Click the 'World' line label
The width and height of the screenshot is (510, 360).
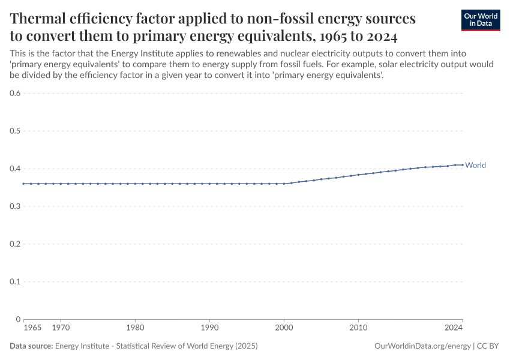pyautogui.click(x=475, y=165)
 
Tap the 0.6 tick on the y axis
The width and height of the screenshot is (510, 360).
pyautogui.click(x=16, y=93)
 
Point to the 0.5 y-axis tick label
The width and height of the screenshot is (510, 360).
pyautogui.click(x=16, y=131)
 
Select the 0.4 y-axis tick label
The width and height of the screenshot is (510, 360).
pyautogui.click(x=16, y=169)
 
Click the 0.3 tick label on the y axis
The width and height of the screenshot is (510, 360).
pyautogui.click(x=16, y=206)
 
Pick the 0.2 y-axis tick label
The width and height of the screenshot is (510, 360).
pyautogui.click(x=16, y=244)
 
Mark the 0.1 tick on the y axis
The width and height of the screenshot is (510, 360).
pyautogui.click(x=16, y=281)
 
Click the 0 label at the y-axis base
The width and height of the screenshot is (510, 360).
pyautogui.click(x=19, y=319)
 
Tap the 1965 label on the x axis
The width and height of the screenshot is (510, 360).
pyautogui.click(x=32, y=328)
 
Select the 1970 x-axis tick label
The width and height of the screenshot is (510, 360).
pyautogui.click(x=61, y=328)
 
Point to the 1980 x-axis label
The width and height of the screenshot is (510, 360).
pyautogui.click(x=135, y=328)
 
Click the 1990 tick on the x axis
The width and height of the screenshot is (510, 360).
pyautogui.click(x=209, y=328)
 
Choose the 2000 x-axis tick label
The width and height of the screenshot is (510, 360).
pyautogui.click(x=284, y=328)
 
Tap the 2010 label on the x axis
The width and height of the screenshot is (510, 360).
pyautogui.click(x=358, y=328)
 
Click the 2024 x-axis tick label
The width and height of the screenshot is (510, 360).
pyautogui.click(x=454, y=328)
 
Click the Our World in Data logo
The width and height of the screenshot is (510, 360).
pyautogui.click(x=480, y=20)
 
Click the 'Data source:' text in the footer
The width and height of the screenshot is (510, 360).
pyautogui.click(x=31, y=346)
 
